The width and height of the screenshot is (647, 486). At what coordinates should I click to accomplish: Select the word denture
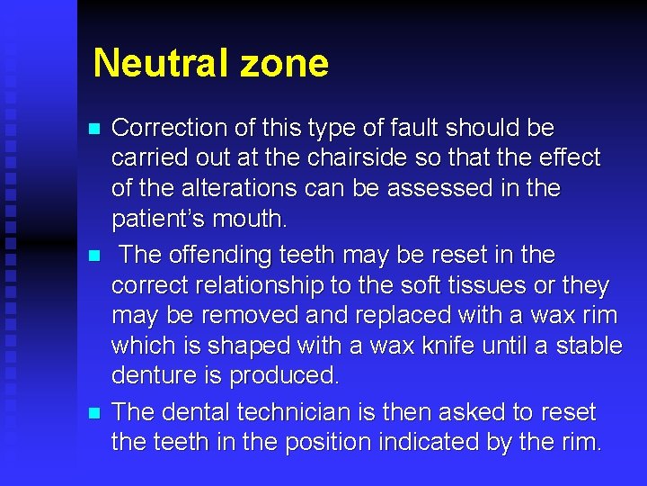(x=156, y=375)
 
